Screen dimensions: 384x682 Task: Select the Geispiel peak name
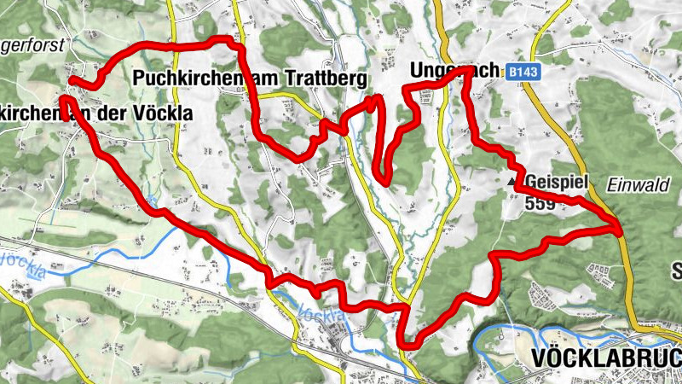554,183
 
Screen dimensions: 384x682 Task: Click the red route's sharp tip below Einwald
618,226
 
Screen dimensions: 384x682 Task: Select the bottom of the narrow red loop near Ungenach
385,180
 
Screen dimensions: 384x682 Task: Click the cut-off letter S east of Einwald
676,271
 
